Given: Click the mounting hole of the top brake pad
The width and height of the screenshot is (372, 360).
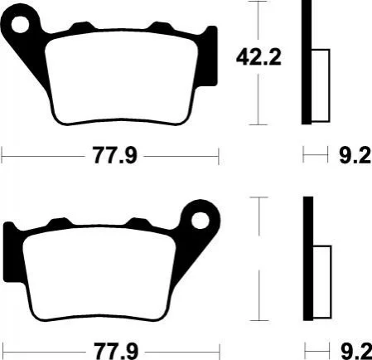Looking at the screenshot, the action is (x=20, y=24).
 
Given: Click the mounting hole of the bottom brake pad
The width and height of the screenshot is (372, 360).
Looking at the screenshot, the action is (x=200, y=221).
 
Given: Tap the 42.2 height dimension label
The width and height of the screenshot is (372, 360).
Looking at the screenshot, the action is (x=258, y=57).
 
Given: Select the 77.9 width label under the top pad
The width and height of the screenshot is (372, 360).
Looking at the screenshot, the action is (x=115, y=156).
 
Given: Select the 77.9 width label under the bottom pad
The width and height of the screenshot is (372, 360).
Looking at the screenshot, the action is (x=116, y=352).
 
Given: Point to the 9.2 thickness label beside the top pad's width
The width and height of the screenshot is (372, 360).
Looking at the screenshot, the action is (x=355, y=156).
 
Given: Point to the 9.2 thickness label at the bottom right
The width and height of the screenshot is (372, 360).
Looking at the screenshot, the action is (x=356, y=352).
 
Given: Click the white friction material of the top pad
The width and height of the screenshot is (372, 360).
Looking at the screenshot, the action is (x=122, y=77).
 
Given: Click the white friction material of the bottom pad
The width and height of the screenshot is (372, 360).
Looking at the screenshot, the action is (x=99, y=274).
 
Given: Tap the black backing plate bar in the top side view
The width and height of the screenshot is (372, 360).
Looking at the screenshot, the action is (x=307, y=62).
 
